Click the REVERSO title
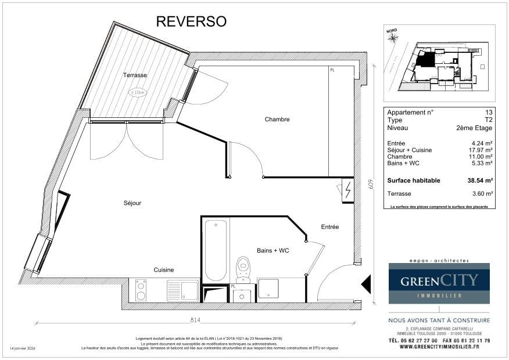tap(191, 21)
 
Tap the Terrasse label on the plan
tap(134, 75)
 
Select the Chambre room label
tap(277, 120)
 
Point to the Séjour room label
tap(132, 203)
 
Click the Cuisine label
tap(163, 270)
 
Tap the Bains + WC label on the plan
tap(273, 250)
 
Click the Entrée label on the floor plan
tap(329, 226)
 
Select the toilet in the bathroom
tap(243, 271)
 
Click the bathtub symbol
tap(215, 250)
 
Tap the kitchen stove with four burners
tap(141, 290)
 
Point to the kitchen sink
tap(182, 289)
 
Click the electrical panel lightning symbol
tap(347, 190)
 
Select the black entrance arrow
tap(366, 284)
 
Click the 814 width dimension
tap(195, 320)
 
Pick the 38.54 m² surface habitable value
tap(480, 181)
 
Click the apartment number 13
tap(489, 112)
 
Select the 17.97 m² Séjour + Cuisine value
tap(481, 150)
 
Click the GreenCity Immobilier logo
tap(439, 283)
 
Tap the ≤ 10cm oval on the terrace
tap(138, 92)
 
